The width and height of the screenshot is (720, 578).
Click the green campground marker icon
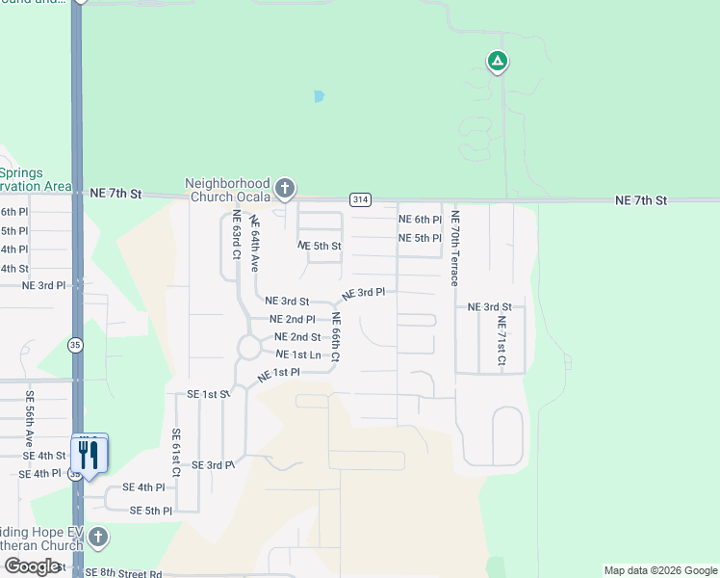pyautogui.click(x=497, y=63)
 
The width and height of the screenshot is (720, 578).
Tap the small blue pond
pyautogui.click(x=318, y=96)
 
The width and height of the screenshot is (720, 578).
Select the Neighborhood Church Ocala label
pyautogui.click(x=227, y=190)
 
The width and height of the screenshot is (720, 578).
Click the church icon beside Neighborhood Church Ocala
pyautogui.click(x=284, y=188)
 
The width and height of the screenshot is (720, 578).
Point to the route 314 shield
pyautogui.click(x=360, y=199)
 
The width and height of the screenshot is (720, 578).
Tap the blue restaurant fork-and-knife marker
pyautogui.click(x=90, y=454)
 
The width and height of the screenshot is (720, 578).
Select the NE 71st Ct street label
pyautogui.click(x=501, y=342)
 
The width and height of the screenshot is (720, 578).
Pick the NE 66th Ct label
pyautogui.click(x=336, y=337)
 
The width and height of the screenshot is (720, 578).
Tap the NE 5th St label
pyautogui.click(x=320, y=246)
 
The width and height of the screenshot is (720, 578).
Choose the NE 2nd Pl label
pyautogui.click(x=293, y=319)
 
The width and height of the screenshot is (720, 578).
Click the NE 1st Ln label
pyautogui.click(x=297, y=355)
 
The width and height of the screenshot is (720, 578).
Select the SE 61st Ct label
pyautogui.click(x=176, y=453)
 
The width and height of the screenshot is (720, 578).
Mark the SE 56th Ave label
pyautogui.click(x=30, y=415)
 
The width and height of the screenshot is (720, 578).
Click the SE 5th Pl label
pyautogui.click(x=150, y=511)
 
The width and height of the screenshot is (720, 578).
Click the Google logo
pyautogui.click(x=33, y=566)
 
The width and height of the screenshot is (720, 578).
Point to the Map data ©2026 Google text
pyautogui.click(x=660, y=570)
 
